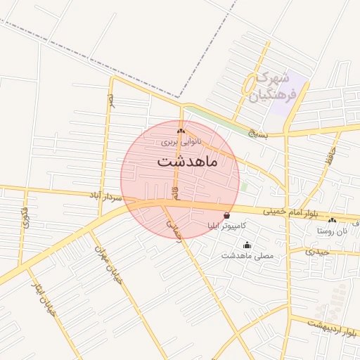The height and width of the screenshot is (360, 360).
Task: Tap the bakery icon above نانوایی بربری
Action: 181,131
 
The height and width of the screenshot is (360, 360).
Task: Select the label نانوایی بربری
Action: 181,141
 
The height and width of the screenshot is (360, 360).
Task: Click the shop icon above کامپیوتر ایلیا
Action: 226,214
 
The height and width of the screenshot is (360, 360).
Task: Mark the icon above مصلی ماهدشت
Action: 247,245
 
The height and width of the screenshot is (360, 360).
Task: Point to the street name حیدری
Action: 318,251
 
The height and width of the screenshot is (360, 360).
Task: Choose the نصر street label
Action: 110,101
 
